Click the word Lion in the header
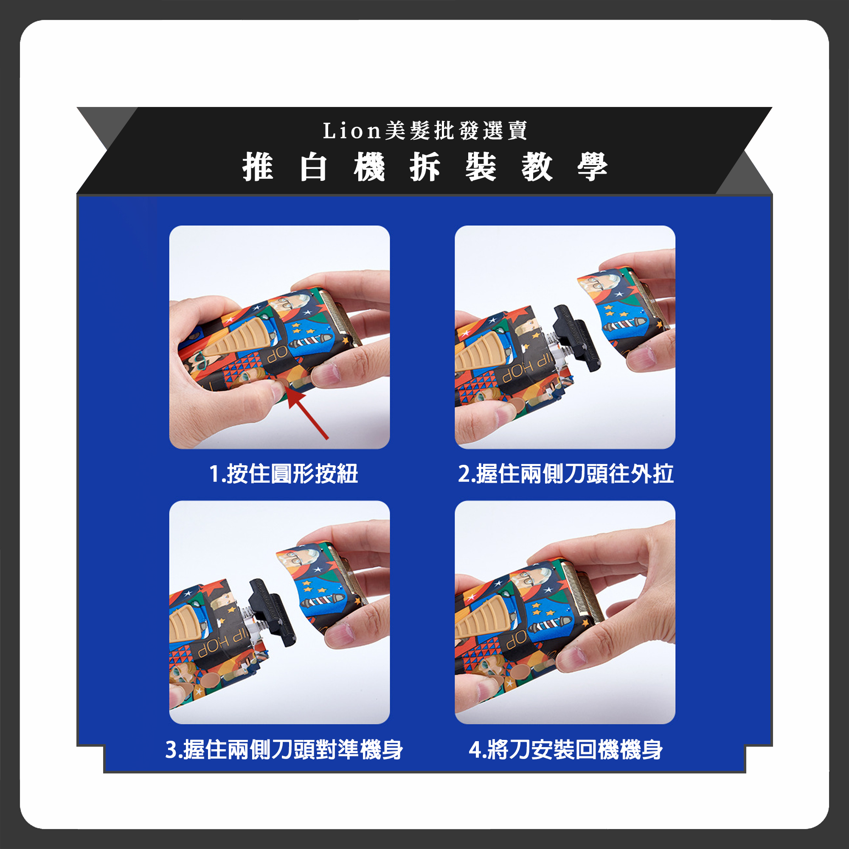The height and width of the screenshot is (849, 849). tap(351, 130)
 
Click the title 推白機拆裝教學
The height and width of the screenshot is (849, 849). tap(425, 167)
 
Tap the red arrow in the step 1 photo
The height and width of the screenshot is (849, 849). tap(308, 414)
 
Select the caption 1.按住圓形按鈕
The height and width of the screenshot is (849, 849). tap(284, 474)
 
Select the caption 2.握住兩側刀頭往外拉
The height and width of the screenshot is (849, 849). tap(565, 474)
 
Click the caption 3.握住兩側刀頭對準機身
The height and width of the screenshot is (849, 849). tap(284, 750)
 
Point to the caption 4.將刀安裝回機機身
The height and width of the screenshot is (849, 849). tap(565, 750)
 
